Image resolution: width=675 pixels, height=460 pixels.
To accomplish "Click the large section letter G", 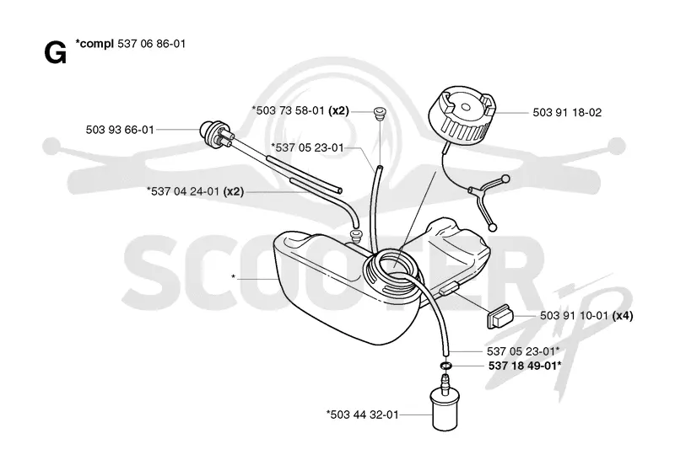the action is [56, 53].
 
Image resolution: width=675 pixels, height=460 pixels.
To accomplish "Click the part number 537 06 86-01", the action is [152, 44].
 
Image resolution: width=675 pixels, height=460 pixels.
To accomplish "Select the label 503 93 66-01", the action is [120, 130].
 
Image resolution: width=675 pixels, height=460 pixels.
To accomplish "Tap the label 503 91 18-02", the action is [567, 113].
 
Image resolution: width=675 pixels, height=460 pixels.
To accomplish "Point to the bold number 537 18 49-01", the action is [522, 366].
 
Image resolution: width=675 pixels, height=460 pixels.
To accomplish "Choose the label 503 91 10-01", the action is [574, 316].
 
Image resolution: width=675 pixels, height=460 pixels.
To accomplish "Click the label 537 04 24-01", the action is [186, 191].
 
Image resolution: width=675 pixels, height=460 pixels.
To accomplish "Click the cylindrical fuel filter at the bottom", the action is [445, 402].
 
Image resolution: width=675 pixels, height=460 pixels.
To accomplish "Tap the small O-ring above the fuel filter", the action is [446, 366].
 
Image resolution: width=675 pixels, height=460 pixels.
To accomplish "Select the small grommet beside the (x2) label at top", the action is [379, 112].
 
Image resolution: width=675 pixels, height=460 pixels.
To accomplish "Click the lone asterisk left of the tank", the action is [234, 277].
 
